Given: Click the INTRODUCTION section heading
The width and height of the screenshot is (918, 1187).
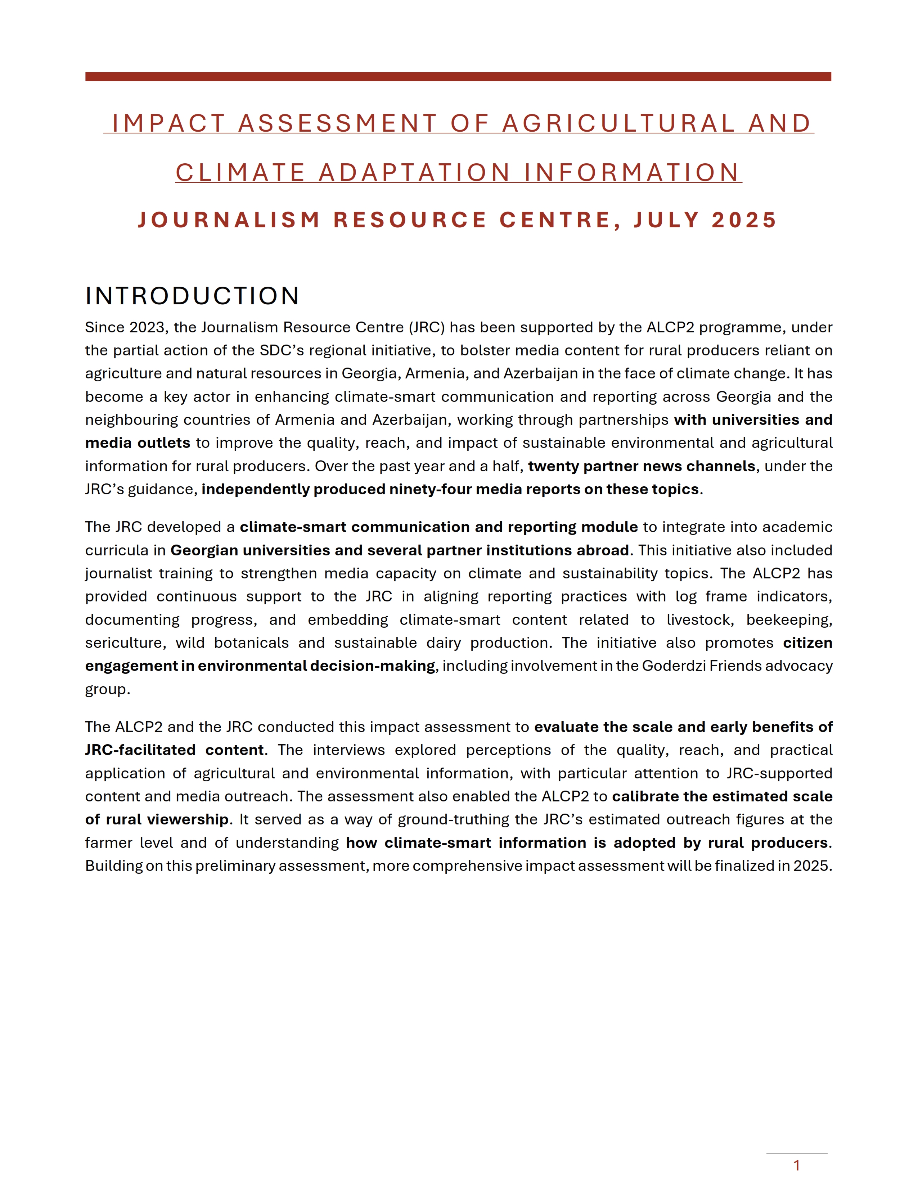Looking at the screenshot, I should pyautogui.click(x=192, y=296).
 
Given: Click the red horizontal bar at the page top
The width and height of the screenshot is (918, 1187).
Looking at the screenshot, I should pyautogui.click(x=458, y=77).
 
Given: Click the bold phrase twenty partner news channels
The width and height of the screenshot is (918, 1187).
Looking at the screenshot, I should pyautogui.click(x=641, y=466).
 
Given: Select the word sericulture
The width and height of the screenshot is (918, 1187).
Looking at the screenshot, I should pyautogui.click(x=125, y=643).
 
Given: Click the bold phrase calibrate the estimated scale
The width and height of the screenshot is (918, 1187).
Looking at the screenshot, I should pyautogui.click(x=722, y=796).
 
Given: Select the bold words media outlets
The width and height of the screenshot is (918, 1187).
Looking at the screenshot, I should pyautogui.click(x=138, y=443).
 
